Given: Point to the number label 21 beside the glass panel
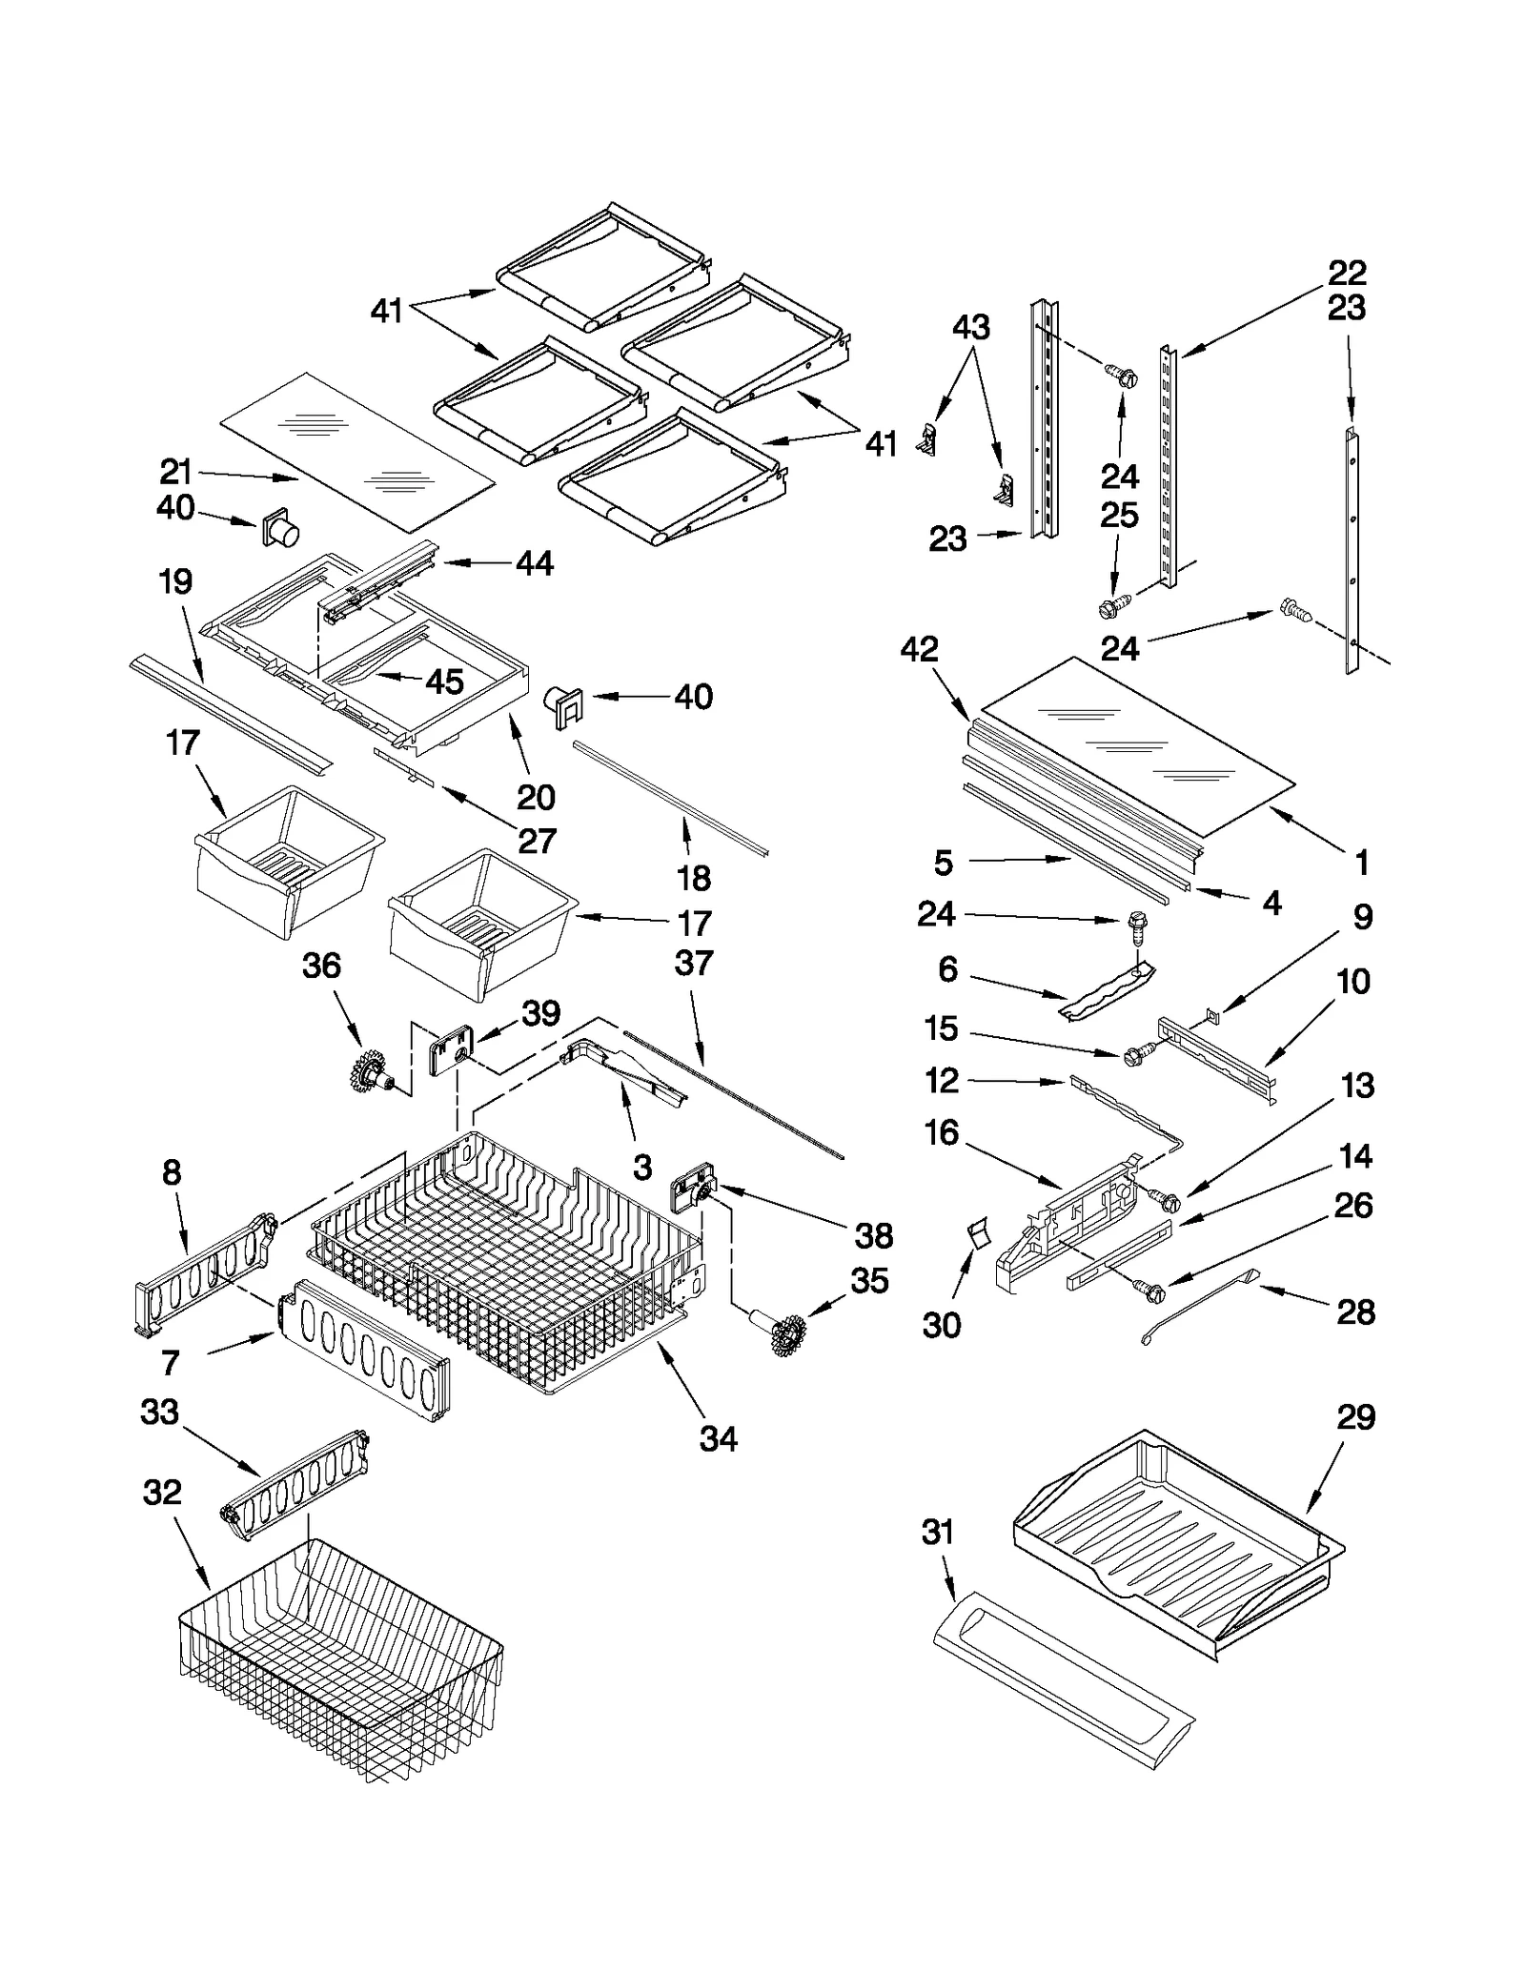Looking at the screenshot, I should point(175,472).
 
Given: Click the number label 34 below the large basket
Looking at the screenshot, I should point(719,1439).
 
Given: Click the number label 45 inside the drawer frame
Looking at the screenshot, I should point(443,681).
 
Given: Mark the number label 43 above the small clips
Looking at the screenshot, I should point(971,327).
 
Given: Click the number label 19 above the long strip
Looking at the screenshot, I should point(175,581).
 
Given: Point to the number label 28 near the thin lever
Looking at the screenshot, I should point(1356,1313).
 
